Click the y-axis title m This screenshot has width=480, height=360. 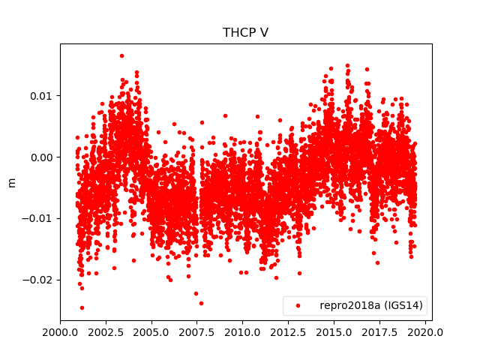11,182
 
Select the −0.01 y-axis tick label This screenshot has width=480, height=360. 40,218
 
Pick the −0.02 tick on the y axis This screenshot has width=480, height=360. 40,280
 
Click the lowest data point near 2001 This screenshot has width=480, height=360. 82,307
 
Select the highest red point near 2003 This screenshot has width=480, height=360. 121,55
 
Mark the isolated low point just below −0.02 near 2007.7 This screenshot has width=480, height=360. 201,303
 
